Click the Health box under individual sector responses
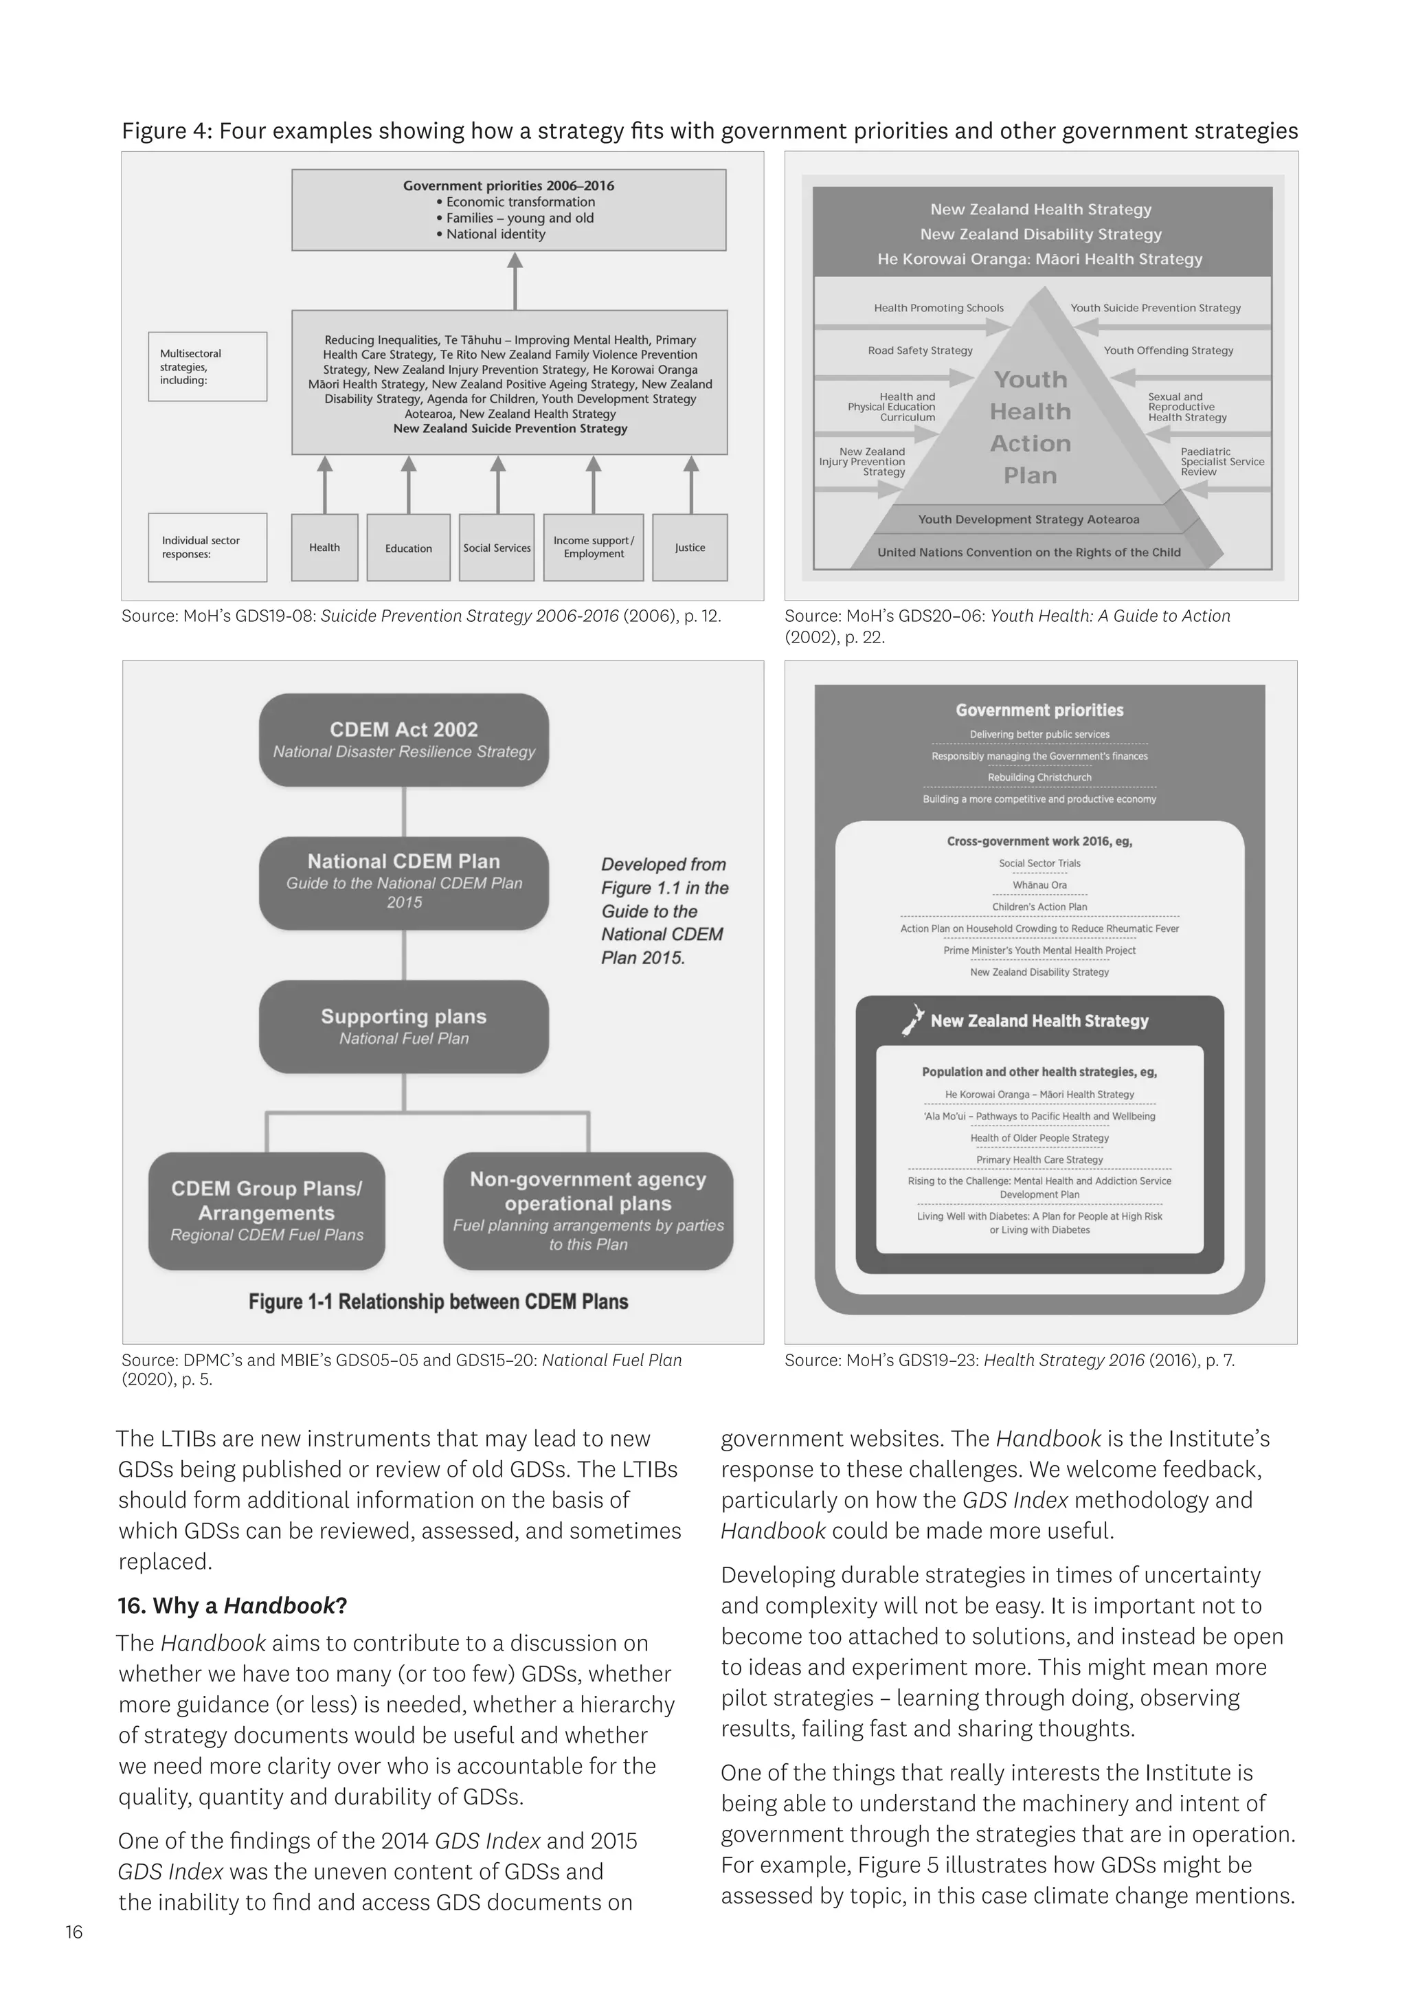click(324, 547)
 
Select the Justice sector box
click(690, 547)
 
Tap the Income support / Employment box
click(594, 547)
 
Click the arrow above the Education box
click(408, 484)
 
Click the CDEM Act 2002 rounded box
click(404, 739)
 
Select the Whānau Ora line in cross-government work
click(1039, 885)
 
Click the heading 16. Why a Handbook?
click(232, 1605)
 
